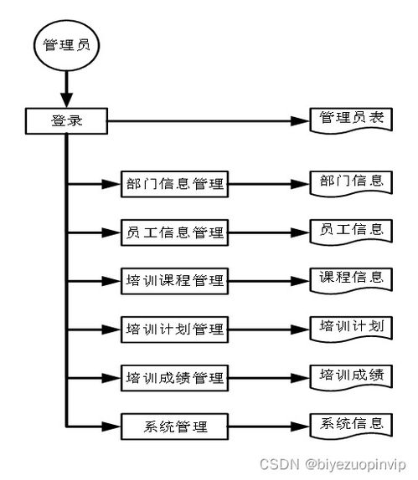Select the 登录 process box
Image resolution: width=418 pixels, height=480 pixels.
point(66,121)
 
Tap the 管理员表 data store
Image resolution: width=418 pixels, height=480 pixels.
point(351,120)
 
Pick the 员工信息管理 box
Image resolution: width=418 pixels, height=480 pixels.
point(174,232)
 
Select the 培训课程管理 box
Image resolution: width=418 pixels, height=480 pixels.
point(174,281)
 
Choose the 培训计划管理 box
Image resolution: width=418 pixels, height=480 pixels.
point(174,329)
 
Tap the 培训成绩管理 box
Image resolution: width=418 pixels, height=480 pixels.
point(174,378)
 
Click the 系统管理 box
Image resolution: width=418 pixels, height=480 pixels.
point(174,426)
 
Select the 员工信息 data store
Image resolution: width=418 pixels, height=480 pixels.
point(351,230)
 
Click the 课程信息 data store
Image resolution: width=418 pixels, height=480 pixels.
point(351,278)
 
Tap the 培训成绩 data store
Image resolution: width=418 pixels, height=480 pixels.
point(351,375)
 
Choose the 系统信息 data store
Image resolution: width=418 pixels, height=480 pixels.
point(351,424)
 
